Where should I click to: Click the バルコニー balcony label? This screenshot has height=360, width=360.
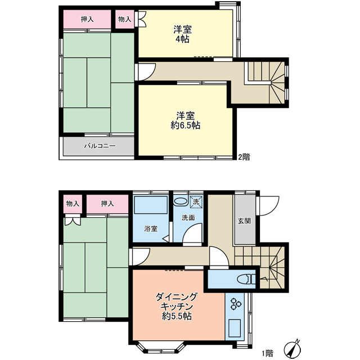100,146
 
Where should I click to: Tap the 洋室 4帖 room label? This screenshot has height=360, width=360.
182,34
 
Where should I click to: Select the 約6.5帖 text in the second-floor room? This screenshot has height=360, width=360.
185,125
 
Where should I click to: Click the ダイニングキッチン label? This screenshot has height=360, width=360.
177,301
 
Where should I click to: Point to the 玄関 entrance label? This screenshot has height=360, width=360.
244,221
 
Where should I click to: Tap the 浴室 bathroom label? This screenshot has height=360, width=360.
151,229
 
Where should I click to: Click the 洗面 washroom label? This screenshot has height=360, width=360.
188,218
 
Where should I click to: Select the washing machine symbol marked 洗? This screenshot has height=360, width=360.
196,202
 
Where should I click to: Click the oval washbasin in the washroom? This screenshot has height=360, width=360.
181,201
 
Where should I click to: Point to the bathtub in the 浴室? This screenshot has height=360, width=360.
151,205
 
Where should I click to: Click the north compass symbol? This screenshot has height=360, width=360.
292,349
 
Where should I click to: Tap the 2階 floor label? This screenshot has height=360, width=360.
244,157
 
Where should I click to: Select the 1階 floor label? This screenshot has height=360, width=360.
268,353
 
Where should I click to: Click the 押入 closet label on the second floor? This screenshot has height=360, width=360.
87,20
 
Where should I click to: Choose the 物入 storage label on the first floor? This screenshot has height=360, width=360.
73,204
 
